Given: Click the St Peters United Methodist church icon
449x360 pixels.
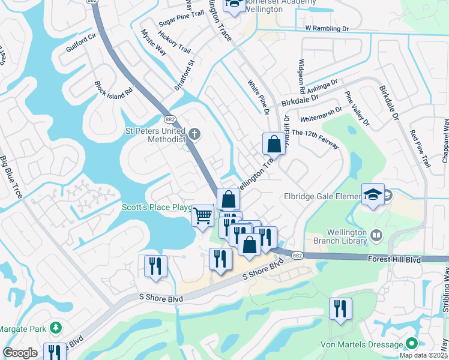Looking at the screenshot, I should coord(194,132).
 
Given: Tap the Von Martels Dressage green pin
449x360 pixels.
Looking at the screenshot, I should coord(411,344).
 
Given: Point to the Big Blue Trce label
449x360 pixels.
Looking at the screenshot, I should coord(11,178).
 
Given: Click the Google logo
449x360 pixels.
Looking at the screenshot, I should coord(20,353).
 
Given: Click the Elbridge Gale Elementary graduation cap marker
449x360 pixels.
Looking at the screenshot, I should coord(373,194).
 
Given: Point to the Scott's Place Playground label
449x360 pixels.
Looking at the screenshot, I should coord(157,207).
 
